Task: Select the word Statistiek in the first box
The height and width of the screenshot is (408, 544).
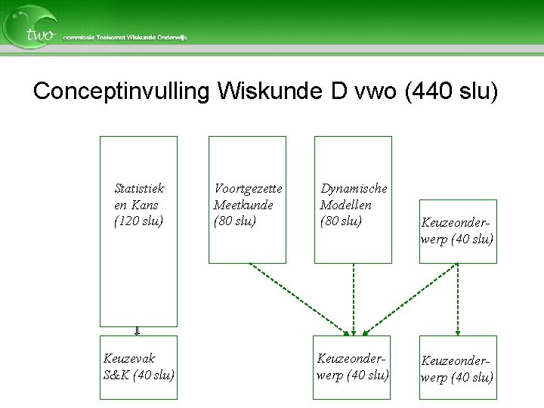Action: pos(139,188)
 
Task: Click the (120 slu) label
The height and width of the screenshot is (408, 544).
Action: pos(139,221)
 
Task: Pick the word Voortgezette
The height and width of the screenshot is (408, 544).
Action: pos(248,188)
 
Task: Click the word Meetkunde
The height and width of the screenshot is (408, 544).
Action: pos(243,205)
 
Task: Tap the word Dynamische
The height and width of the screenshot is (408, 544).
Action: pos(354,188)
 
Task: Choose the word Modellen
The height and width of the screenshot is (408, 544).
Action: pos(346,205)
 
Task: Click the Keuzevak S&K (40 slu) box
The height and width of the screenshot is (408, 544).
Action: pos(139,367)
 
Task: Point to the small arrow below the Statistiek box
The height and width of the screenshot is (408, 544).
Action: pos(138,331)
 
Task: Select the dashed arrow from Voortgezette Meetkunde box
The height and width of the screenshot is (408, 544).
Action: pos(298,299)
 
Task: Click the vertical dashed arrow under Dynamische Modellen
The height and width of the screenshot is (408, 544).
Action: pos(353,299)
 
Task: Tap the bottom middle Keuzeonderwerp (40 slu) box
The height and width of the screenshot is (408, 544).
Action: pos(353,367)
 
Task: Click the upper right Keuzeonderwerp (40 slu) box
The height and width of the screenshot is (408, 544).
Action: pos(458,231)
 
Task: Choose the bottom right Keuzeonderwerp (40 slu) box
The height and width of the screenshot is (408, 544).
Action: pos(458,368)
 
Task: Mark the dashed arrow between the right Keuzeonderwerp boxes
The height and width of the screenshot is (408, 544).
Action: pos(458,299)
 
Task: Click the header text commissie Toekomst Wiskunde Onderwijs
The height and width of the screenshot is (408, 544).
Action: pos(125,37)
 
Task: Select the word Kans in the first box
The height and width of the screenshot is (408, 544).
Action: pos(144,205)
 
